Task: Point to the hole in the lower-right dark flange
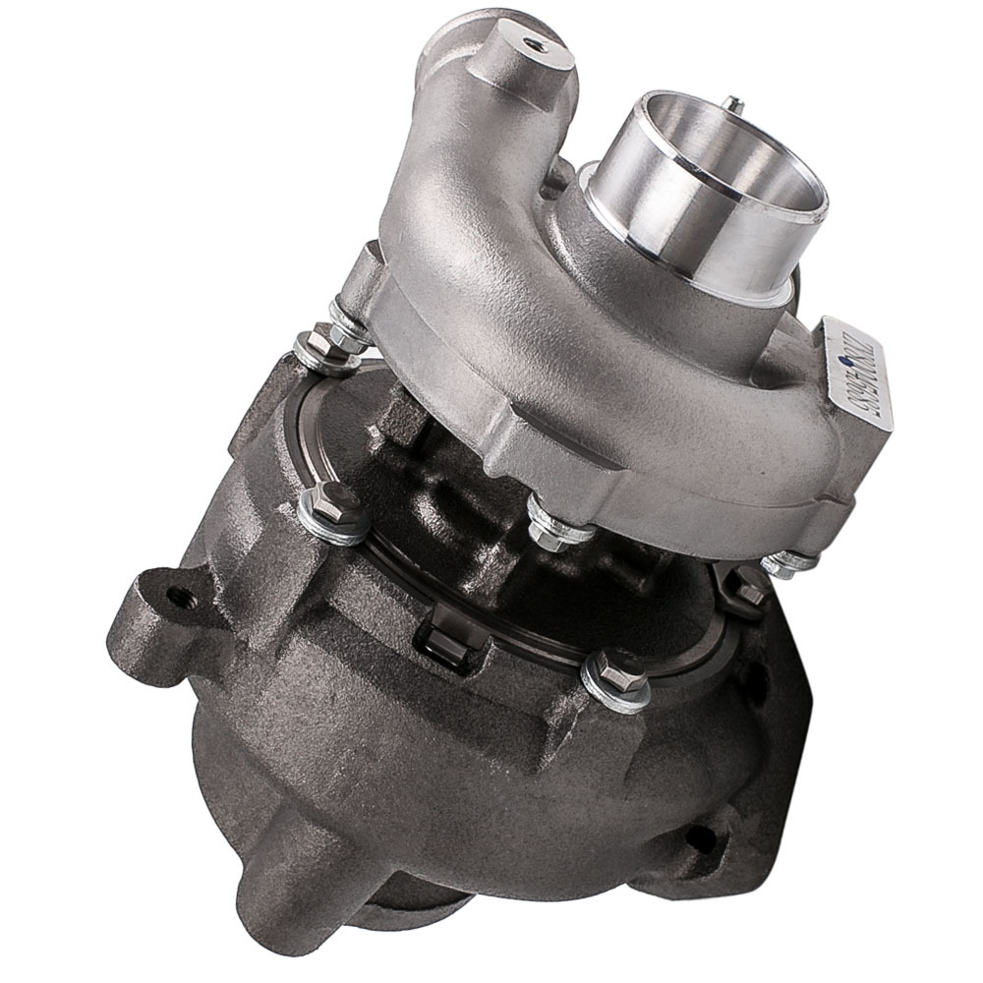click(x=699, y=837)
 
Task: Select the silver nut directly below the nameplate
click(x=786, y=562)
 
